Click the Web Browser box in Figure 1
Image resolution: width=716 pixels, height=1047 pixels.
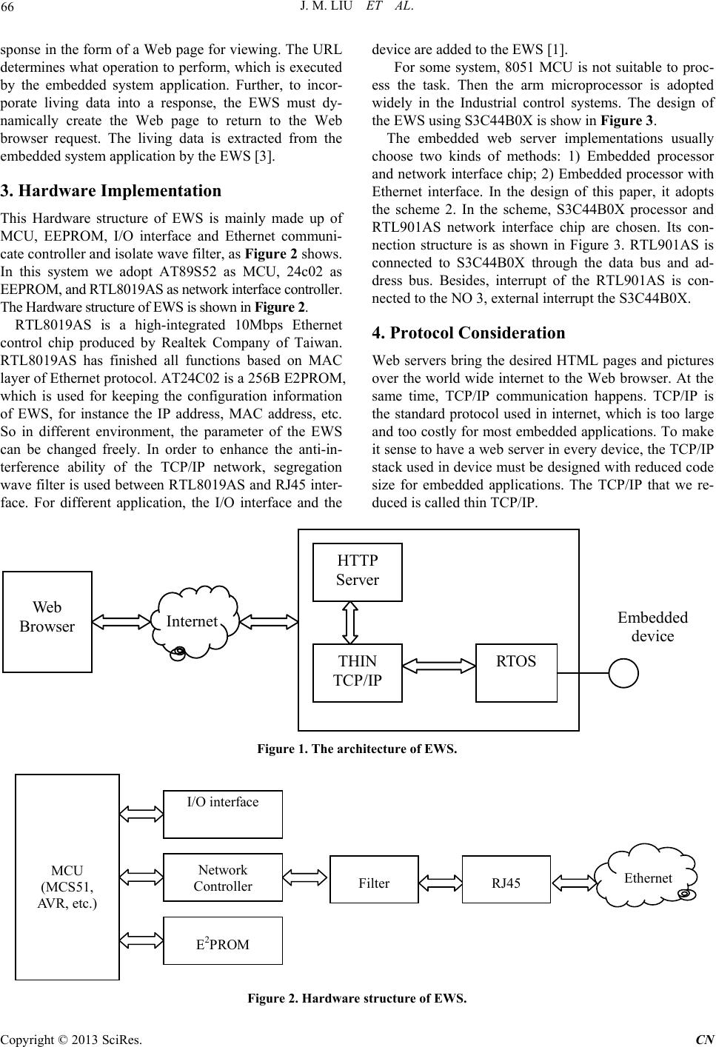pyautogui.click(x=47, y=622)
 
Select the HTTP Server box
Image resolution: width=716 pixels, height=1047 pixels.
pyautogui.click(x=358, y=572)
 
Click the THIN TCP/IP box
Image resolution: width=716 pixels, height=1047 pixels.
pyautogui.click(x=358, y=672)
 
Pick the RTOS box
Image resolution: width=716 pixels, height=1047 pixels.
pyautogui.click(x=516, y=672)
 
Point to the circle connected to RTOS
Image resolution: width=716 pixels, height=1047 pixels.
pyautogui.click(x=623, y=673)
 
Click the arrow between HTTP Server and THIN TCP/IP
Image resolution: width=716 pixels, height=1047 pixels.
pyautogui.click(x=350, y=623)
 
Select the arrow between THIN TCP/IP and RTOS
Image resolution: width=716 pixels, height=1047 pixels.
pyautogui.click(x=439, y=666)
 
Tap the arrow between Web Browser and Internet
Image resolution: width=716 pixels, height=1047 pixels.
pyautogui.click(x=121, y=622)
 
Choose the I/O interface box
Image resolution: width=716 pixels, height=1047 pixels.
pyautogui.click(x=223, y=814)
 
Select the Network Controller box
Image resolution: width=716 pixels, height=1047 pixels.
pyautogui.click(x=223, y=877)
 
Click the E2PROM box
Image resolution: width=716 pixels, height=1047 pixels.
pyautogui.click(x=223, y=940)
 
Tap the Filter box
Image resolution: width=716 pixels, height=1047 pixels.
pyautogui.click(x=375, y=879)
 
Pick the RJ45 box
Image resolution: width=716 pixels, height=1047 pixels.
pyautogui.click(x=506, y=879)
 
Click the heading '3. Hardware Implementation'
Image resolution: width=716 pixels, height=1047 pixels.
pyautogui.click(x=111, y=191)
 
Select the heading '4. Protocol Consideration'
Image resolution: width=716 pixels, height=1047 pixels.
pyautogui.click(x=468, y=332)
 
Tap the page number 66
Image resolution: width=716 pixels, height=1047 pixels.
pyautogui.click(x=7, y=7)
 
